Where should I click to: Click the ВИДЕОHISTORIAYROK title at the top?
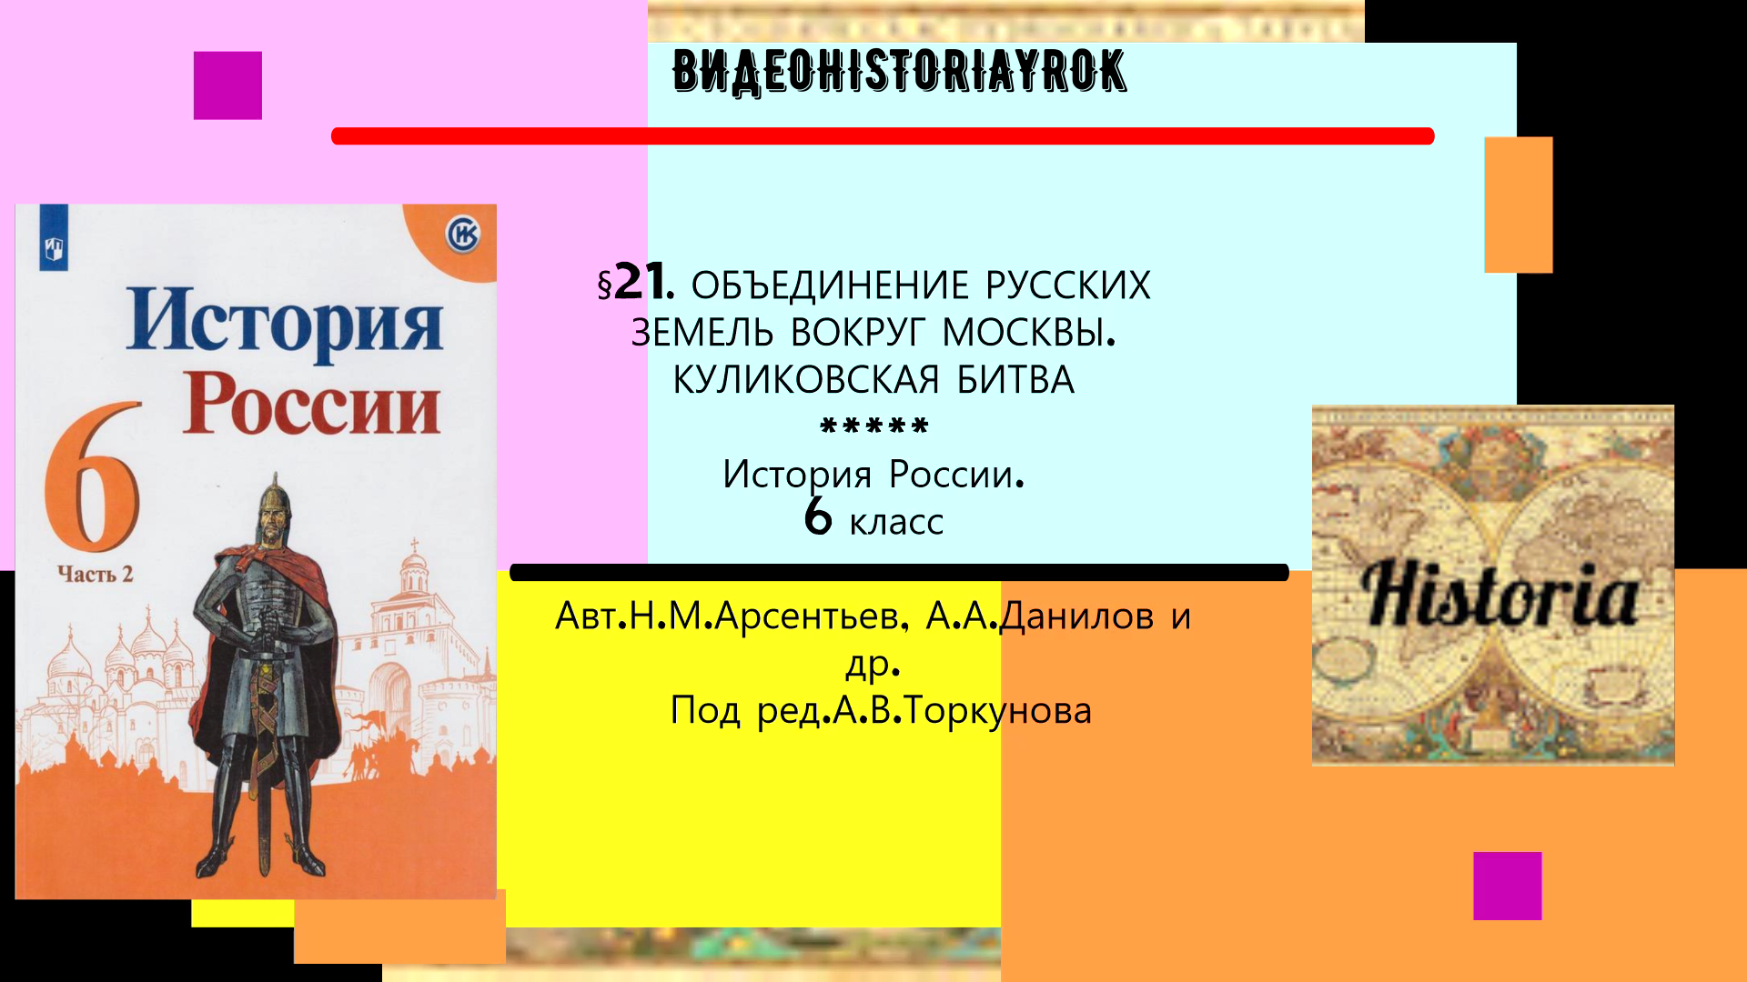[x=899, y=71]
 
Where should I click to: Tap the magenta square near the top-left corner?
[x=227, y=85]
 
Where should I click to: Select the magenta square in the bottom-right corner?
[x=1507, y=886]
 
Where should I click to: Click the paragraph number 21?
[x=640, y=282]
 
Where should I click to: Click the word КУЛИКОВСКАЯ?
[x=805, y=380]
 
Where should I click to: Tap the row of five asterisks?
[x=873, y=426]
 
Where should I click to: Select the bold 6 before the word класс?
[x=818, y=517]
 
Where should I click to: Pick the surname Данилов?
[x=1077, y=616]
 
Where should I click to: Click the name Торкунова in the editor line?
[x=998, y=710]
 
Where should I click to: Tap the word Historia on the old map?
[x=1500, y=595]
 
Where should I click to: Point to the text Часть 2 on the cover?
[x=95, y=574]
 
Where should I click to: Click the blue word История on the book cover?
[x=285, y=320]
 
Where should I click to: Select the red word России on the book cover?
[x=311, y=404]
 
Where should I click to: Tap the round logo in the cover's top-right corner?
[x=462, y=235]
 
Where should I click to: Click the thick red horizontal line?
[x=883, y=136]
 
